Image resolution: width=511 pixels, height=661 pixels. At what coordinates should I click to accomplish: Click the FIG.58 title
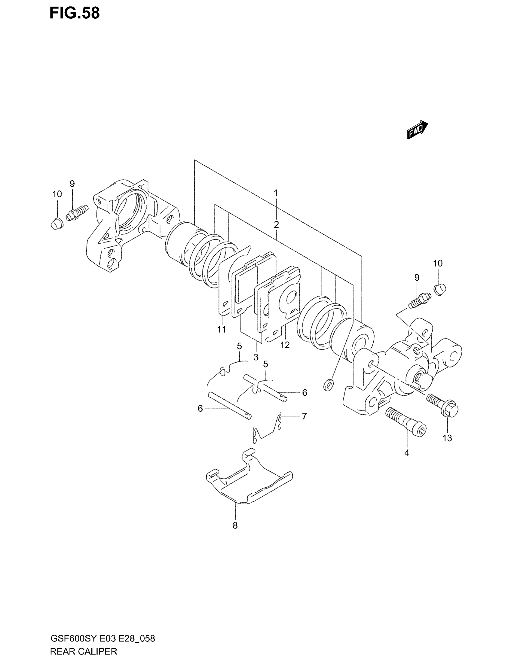click(x=75, y=13)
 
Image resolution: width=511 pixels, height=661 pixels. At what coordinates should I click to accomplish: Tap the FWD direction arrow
click(x=417, y=130)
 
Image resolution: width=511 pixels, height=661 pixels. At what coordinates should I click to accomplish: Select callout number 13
click(x=447, y=438)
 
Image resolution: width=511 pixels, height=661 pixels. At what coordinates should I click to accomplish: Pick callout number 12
click(x=285, y=345)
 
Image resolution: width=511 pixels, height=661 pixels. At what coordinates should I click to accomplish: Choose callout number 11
click(x=221, y=329)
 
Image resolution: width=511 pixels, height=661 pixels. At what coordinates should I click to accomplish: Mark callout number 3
click(x=256, y=357)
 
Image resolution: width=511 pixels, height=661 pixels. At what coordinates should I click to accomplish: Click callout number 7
click(x=304, y=416)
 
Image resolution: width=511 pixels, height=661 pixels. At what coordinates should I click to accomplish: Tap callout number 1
click(x=276, y=193)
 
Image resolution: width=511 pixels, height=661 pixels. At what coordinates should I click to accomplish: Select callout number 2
click(x=276, y=224)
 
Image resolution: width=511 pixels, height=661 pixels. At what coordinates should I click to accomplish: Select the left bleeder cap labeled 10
click(x=56, y=224)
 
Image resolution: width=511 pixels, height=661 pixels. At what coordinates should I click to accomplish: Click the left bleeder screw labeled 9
click(x=77, y=212)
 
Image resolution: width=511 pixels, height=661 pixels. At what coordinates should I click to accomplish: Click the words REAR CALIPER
click(x=83, y=651)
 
